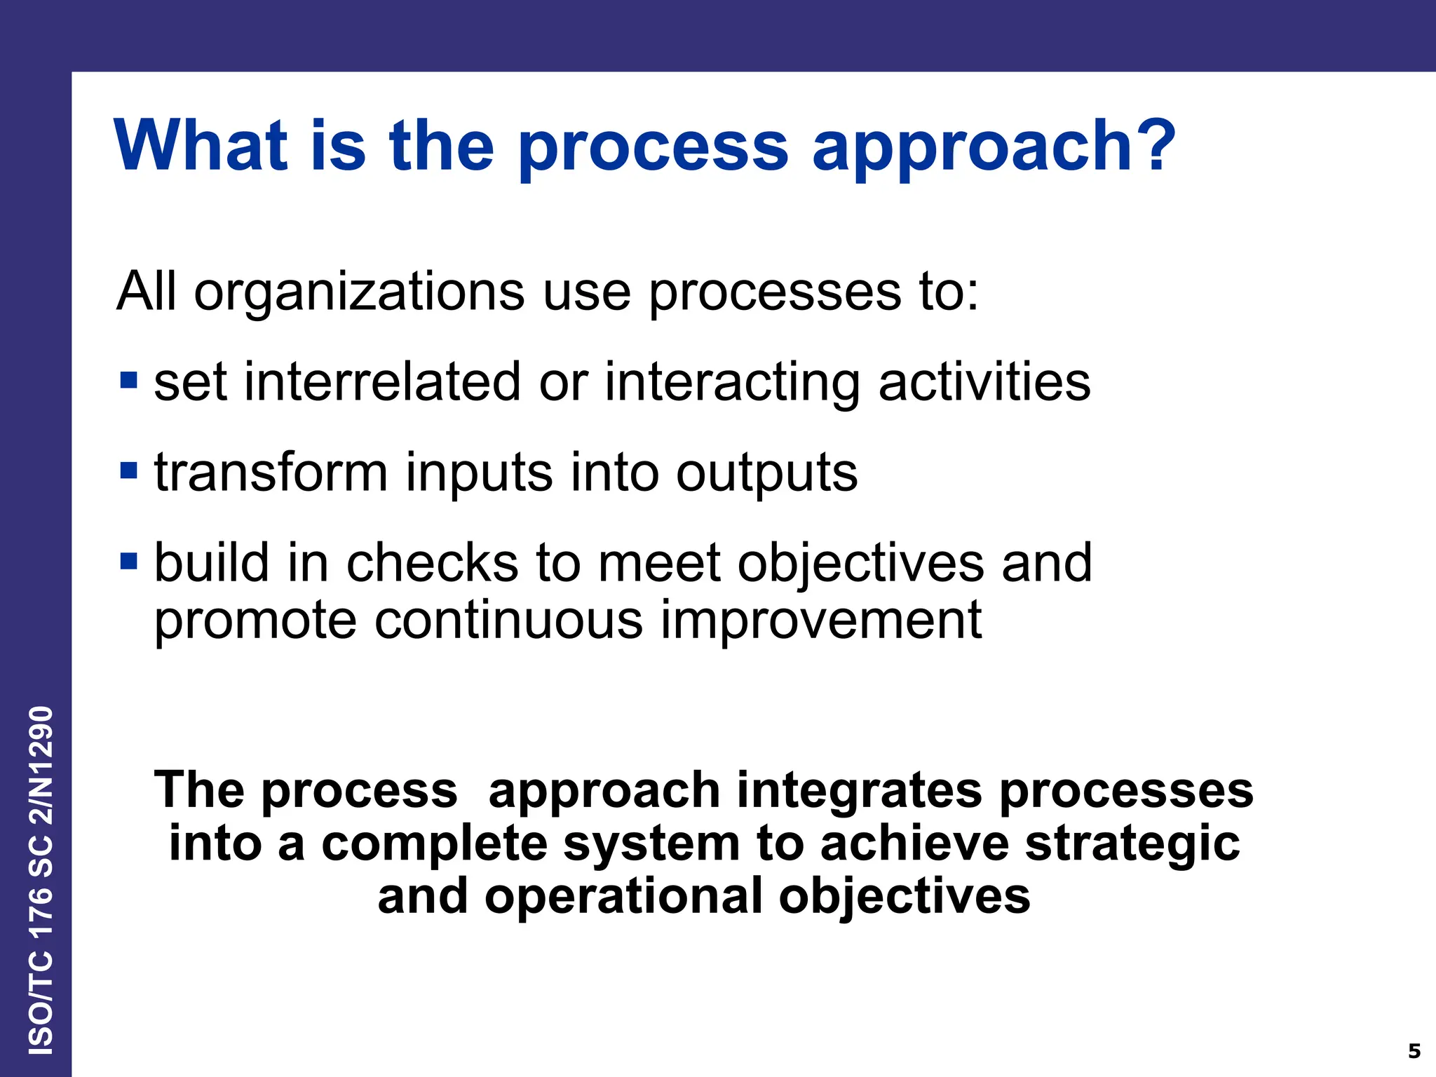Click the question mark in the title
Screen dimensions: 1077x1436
[x=1151, y=145]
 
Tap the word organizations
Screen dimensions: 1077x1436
[x=359, y=291]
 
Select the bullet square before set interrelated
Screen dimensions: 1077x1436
[x=128, y=380]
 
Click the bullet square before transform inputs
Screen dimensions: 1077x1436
[x=128, y=470]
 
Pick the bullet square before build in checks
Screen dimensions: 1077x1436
[x=128, y=560]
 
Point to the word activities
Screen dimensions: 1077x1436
[x=984, y=382]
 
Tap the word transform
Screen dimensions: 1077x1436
[x=271, y=472]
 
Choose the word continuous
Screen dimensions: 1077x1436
[x=508, y=620]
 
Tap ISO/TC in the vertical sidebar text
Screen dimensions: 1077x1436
[x=41, y=1003]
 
